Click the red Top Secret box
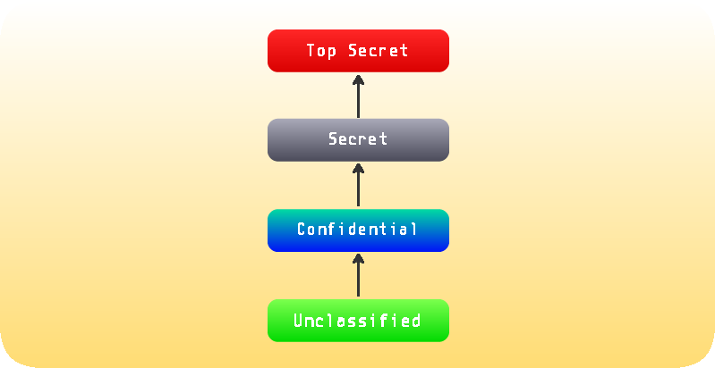[x=358, y=51]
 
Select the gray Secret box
[x=358, y=139]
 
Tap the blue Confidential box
[x=358, y=230]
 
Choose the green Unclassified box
[x=358, y=321]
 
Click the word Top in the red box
[x=321, y=51]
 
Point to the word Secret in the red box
[x=378, y=50]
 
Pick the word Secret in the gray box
[x=358, y=138]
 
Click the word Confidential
[x=357, y=229]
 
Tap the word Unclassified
[x=357, y=321]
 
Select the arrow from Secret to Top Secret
[x=358, y=96]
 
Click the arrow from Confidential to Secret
[x=358, y=185]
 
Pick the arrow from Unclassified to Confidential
[x=358, y=275]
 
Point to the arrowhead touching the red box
[x=358, y=79]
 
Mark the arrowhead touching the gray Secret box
[x=358, y=168]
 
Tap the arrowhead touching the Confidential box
[x=358, y=258]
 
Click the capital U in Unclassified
[x=299, y=321]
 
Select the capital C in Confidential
[x=302, y=229]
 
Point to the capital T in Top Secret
[x=311, y=50]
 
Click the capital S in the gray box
[x=333, y=138]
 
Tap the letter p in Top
[x=332, y=52]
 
